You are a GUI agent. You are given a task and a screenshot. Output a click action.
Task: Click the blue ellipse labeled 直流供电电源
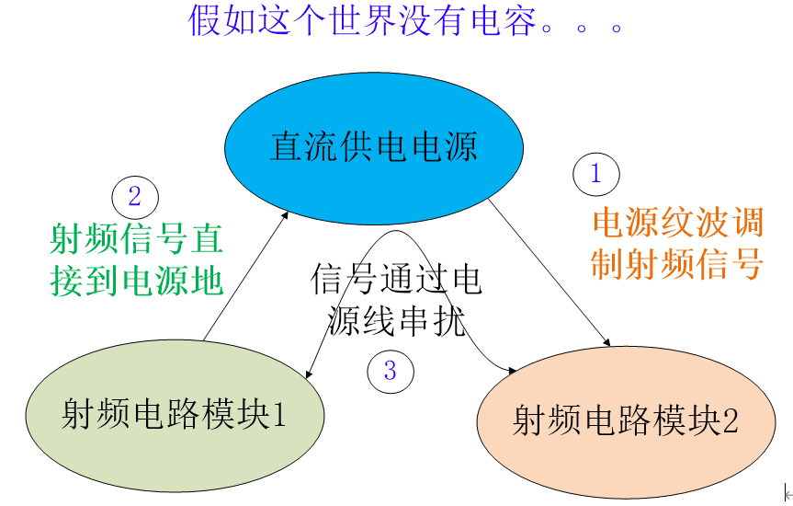click(375, 148)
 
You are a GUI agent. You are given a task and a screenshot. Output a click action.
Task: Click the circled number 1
click(596, 174)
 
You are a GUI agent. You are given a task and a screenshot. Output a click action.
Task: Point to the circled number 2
click(135, 197)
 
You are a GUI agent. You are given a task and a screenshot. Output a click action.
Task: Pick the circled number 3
click(391, 371)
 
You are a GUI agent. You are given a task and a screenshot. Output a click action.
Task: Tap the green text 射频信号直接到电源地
click(136, 260)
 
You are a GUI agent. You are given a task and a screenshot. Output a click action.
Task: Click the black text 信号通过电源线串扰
click(396, 300)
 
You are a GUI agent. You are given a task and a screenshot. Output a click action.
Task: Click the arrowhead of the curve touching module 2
click(509, 370)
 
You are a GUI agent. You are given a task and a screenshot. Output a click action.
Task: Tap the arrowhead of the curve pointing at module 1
click(309, 374)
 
